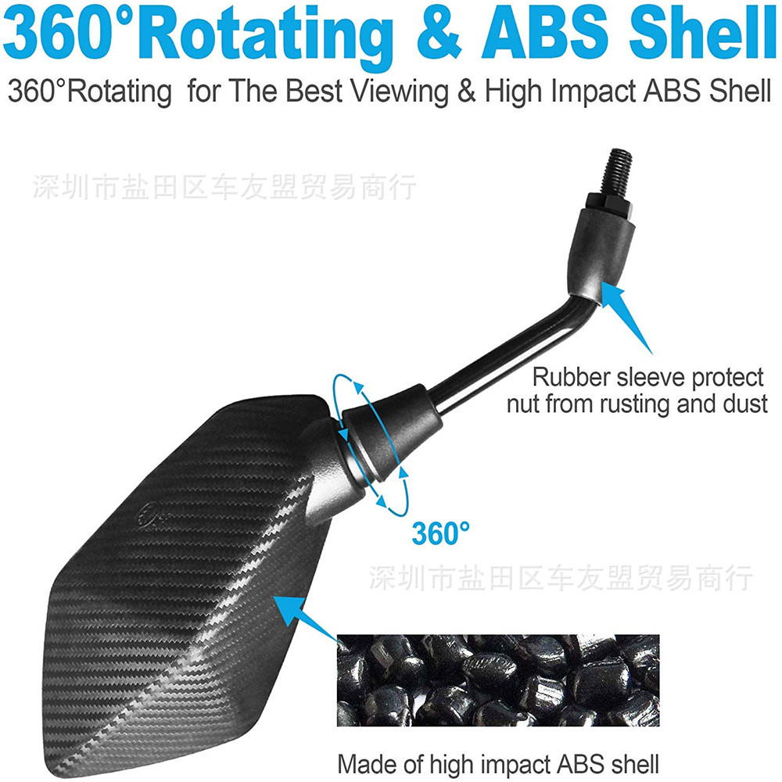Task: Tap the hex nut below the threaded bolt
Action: point(608,206)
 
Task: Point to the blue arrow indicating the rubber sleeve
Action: point(626,317)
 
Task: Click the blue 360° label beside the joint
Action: point(441,533)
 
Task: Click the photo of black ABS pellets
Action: point(498,680)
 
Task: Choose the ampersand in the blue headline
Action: point(439,34)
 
